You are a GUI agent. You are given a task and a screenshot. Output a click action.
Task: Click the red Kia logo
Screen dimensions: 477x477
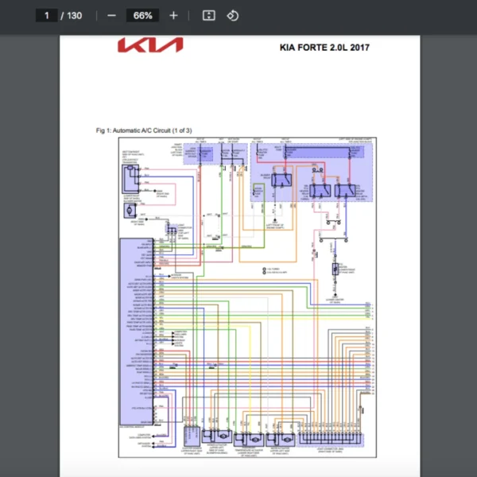149,46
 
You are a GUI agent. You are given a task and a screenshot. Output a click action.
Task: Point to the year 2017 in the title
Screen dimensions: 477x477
358,47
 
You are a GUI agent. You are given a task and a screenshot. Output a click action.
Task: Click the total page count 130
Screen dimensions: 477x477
74,15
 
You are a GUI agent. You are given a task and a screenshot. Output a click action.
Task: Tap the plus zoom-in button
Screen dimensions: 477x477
173,15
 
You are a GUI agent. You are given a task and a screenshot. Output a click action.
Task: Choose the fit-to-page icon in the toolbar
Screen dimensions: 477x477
208,15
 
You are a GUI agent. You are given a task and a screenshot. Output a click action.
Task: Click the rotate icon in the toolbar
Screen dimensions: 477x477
232,15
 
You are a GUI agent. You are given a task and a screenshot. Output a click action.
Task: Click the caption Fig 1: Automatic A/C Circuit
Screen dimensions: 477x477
143,130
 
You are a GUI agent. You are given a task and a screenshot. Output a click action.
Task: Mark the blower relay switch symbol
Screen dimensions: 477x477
280,180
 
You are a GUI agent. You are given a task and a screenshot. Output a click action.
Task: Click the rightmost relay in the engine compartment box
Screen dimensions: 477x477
344,189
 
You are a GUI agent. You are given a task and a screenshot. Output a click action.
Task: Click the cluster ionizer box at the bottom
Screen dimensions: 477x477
192,438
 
